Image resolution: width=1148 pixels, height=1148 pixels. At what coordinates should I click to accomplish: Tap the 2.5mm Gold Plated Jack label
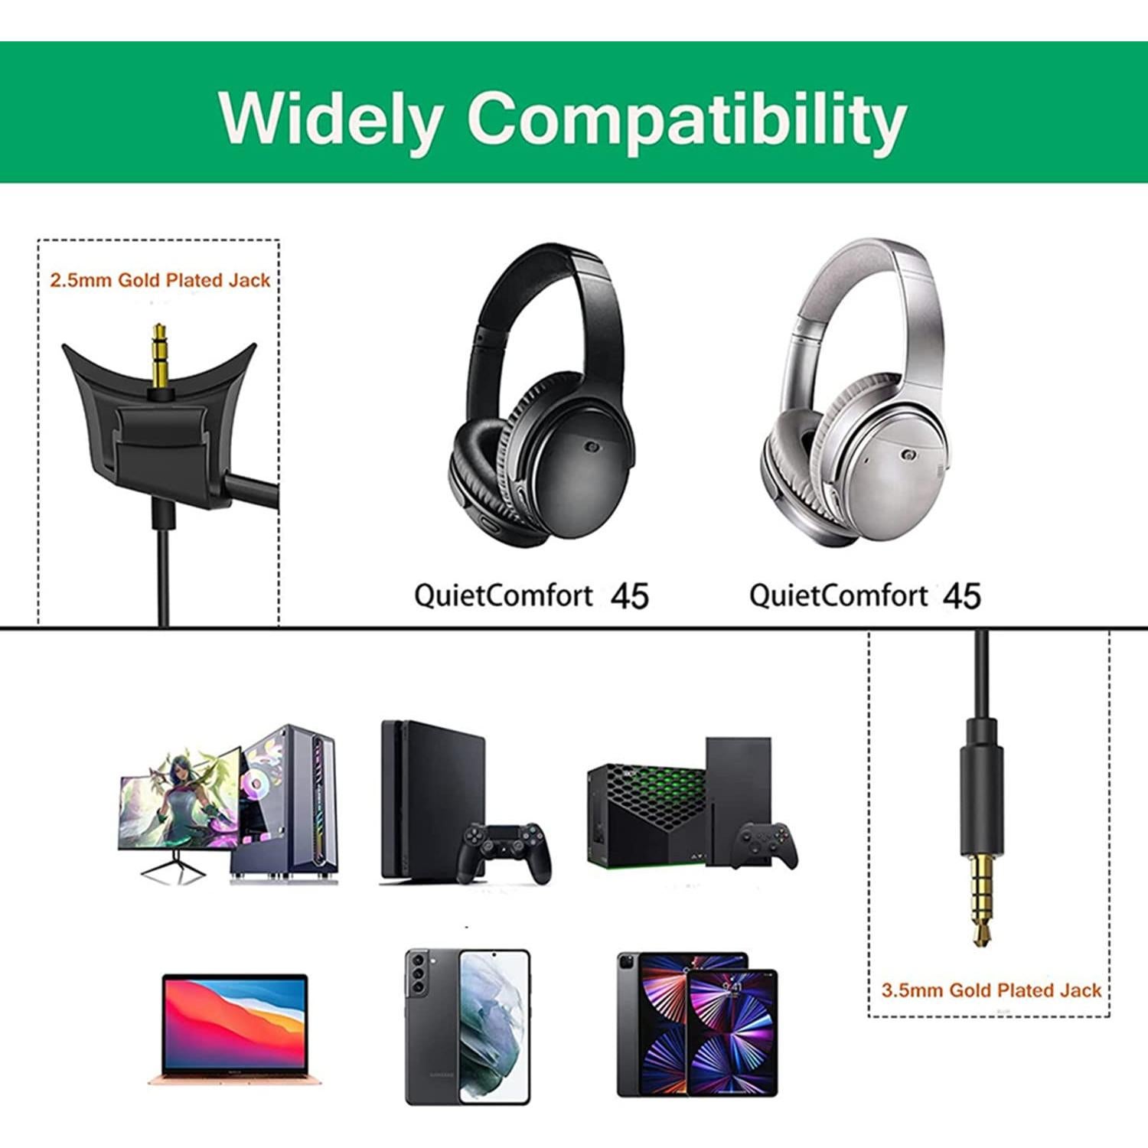point(160,280)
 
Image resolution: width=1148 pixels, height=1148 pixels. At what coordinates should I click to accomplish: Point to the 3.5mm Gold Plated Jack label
point(991,990)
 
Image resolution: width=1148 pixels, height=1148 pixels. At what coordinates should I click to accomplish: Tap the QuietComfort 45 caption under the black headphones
point(531,595)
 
